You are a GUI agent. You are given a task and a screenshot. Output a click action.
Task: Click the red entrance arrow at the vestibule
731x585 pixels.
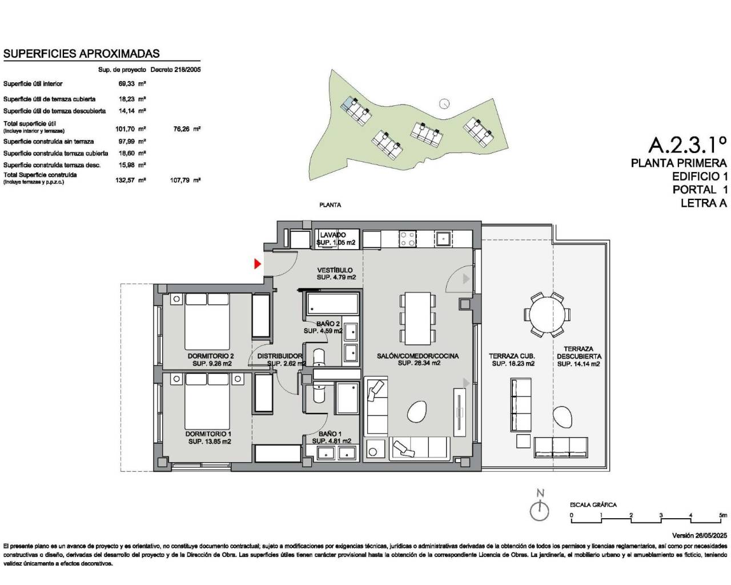pos(258,263)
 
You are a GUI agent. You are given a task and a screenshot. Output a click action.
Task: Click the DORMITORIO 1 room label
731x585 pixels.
pos(208,434)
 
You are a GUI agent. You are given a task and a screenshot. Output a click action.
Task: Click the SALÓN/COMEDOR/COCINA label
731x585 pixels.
pos(417,356)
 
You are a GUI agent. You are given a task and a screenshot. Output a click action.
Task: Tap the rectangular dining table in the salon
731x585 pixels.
pos(418,317)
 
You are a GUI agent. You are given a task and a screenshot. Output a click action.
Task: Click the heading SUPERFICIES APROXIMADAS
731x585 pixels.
pos(82,54)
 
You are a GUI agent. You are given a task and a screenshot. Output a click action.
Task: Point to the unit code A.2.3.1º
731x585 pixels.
pos(688,143)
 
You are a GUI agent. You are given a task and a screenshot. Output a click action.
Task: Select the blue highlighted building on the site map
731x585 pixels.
pos(347,103)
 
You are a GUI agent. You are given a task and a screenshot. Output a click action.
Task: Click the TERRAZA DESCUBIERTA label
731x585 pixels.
pos(579,352)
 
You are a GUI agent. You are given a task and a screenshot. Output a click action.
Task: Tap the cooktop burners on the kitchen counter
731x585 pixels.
pos(408,239)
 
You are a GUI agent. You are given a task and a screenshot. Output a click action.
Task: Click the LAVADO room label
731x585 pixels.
pos(332,235)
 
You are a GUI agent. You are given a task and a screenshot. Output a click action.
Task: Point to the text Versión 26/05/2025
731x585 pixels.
pos(700,536)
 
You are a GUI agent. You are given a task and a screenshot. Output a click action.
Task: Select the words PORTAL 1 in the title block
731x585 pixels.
pos(694,190)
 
